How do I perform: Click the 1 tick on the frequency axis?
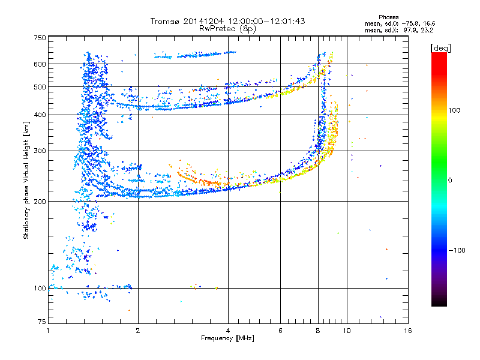[x=48, y=331]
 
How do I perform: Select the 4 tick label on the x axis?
[x=228, y=331]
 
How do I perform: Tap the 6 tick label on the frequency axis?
[x=281, y=331]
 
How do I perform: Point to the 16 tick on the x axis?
[x=407, y=331]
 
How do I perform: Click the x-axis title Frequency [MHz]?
[x=227, y=339]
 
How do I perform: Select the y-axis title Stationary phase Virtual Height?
[x=26, y=180]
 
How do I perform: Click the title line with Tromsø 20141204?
[x=227, y=21]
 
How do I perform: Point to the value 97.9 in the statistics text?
[x=412, y=29]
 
